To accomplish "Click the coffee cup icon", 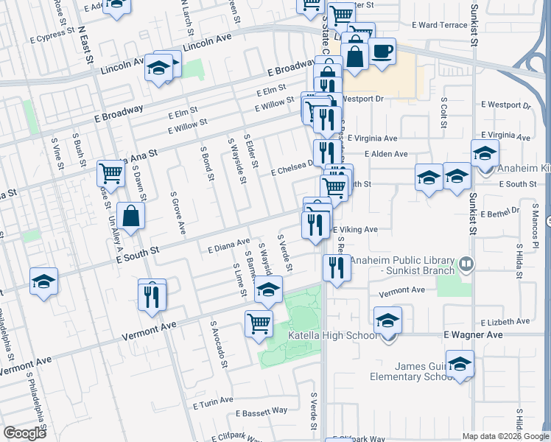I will click(382, 52).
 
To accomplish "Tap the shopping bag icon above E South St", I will click(130, 217).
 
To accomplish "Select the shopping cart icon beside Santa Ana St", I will click(110, 173).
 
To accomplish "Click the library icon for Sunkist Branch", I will click(466, 263).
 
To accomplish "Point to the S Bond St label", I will click(206, 163).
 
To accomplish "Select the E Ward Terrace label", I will click(440, 24).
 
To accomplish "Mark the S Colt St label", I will click(443, 111).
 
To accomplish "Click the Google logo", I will click(25, 433).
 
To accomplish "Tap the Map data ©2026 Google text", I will click(503, 436).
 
